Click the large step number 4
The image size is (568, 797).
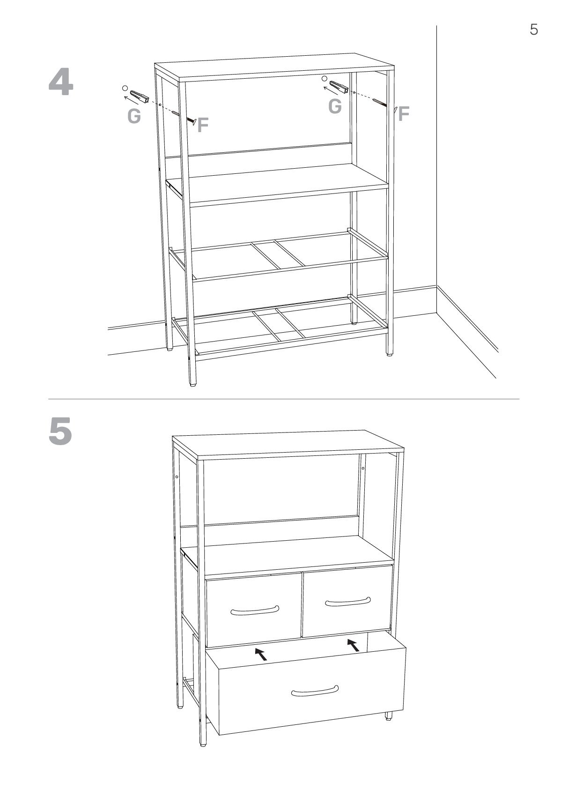click(x=61, y=83)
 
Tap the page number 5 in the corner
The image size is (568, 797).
click(x=533, y=30)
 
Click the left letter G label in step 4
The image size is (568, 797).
click(x=134, y=116)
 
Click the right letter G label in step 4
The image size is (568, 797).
click(x=335, y=106)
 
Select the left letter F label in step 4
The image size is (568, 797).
click(x=203, y=125)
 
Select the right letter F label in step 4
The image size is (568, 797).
click(x=404, y=113)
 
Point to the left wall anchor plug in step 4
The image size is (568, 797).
click(x=140, y=97)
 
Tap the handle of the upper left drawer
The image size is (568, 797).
click(x=254, y=611)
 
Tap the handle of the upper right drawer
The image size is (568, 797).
click(x=347, y=601)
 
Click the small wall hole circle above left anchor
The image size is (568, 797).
click(x=124, y=88)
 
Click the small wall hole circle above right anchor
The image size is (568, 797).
click(x=324, y=78)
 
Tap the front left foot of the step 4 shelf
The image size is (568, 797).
click(x=192, y=385)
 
